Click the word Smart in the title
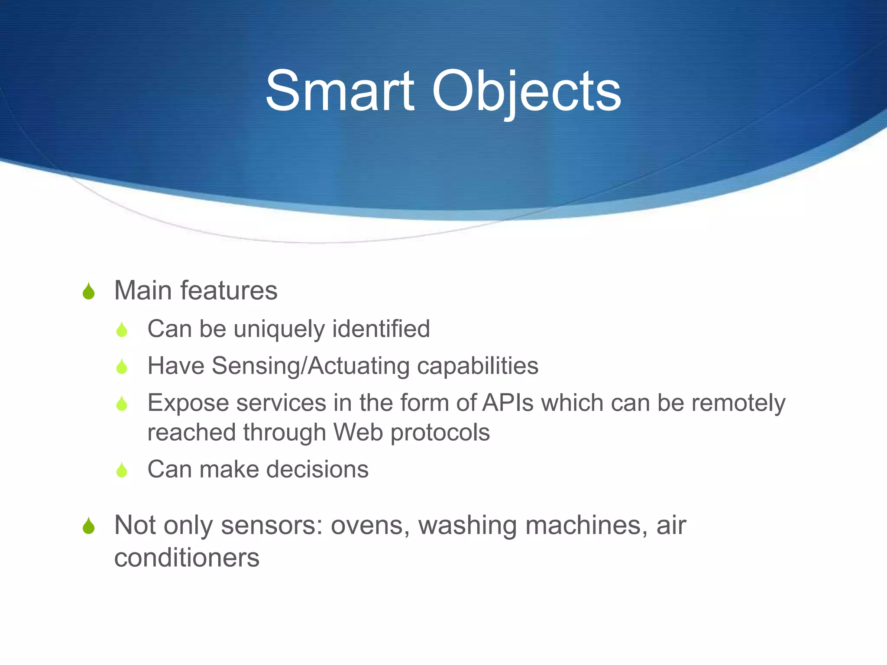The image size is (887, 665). click(340, 92)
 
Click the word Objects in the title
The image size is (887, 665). click(526, 92)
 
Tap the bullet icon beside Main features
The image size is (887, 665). click(89, 291)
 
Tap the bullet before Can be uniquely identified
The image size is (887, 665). click(122, 330)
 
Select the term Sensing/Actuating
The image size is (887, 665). click(311, 366)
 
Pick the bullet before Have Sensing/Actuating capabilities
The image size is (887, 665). click(122, 367)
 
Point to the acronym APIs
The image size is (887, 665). click(508, 403)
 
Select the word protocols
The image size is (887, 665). click(440, 433)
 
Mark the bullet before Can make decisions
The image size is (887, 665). click(122, 470)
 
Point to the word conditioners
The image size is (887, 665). click(187, 558)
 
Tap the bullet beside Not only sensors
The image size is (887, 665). click(89, 526)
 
